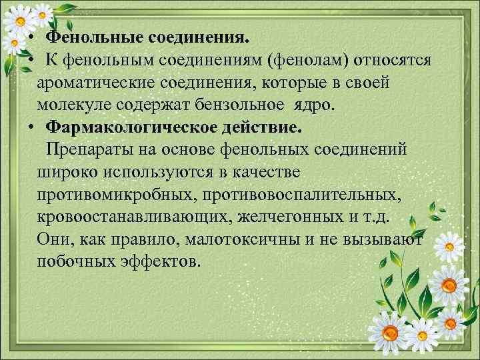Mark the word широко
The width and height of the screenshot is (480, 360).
point(69,171)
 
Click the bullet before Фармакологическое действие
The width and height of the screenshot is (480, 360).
point(31,127)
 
